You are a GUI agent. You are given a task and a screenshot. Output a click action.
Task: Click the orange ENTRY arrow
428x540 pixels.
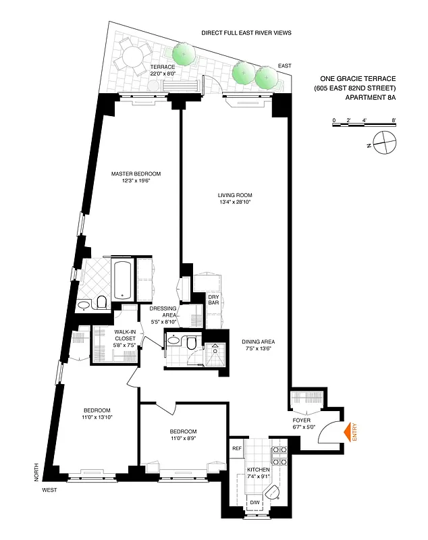point(350,433)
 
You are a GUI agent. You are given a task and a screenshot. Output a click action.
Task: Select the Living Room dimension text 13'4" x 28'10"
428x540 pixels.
point(240,202)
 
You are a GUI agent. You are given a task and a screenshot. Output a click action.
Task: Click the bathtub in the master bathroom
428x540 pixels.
point(122,279)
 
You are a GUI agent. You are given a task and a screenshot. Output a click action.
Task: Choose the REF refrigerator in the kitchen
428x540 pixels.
point(237,448)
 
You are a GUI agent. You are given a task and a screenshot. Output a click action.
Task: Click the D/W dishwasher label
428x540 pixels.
point(255,503)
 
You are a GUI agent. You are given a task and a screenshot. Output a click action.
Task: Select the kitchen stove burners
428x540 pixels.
point(279,456)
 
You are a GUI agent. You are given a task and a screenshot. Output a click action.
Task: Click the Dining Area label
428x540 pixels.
point(260,345)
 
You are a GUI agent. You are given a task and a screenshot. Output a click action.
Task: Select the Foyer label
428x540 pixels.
point(301,423)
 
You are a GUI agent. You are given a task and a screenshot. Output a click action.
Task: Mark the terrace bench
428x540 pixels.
point(183,86)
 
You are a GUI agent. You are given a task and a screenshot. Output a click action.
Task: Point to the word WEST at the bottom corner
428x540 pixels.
point(49,490)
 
